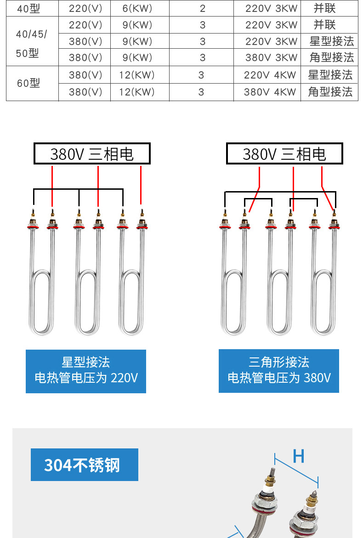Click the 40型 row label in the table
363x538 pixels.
(28, 8)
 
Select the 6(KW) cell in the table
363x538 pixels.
(137, 8)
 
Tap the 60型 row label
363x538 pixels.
(28, 83)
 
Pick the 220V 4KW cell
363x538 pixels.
(270, 75)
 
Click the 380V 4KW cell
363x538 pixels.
(270, 92)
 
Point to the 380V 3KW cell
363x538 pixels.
(271, 58)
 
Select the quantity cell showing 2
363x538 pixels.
(203, 8)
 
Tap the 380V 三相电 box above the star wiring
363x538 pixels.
(92, 154)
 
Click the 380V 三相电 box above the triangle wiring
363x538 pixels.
(284, 154)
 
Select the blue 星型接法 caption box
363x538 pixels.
(86, 371)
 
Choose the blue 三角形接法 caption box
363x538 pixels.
(279, 371)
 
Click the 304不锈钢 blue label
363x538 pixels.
(85, 465)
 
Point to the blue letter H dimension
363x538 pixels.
(298, 457)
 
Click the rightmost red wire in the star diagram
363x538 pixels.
(141, 185)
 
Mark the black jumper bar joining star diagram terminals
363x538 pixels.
(78, 189)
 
